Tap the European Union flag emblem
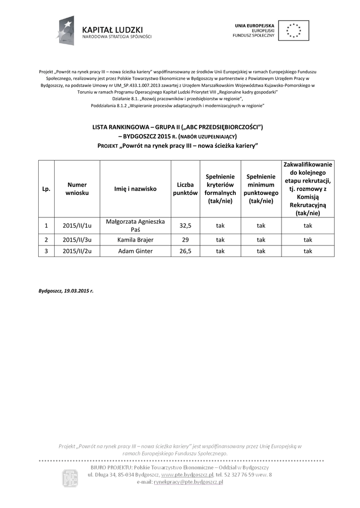293,30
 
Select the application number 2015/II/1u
77,225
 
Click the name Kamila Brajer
135,240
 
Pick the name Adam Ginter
135,251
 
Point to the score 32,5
185,225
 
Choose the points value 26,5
185,251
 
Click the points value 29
185,240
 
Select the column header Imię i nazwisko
135,189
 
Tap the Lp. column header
46,189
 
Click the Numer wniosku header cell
77,189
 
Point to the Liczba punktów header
185,189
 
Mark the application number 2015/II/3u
77,240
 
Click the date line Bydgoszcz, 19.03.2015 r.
66,291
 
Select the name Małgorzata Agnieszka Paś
135,225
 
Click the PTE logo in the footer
70,478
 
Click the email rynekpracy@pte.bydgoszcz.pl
188,482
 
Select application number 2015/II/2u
77,251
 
